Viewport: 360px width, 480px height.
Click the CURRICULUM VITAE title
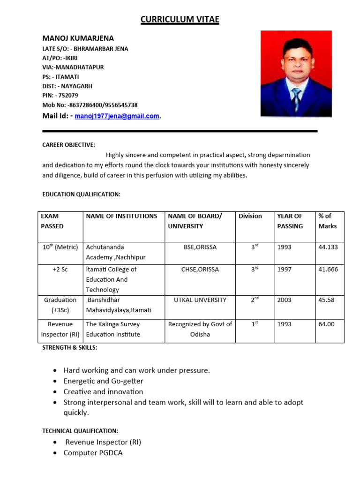[180, 19]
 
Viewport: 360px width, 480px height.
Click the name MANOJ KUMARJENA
[78, 38]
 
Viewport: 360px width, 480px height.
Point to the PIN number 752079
[66, 96]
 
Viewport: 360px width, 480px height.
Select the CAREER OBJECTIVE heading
[69, 145]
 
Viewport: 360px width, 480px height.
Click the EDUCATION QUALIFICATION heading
[82, 194]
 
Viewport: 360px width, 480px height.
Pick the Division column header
[250, 216]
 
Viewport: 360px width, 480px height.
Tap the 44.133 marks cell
[328, 247]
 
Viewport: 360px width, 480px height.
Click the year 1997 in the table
[285, 270]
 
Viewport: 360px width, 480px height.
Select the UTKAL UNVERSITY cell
[200, 300]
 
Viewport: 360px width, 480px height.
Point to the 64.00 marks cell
[327, 324]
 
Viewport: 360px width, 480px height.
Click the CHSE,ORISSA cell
[200, 270]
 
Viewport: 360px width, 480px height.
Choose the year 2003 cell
[285, 300]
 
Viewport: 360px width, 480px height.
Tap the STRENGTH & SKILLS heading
[70, 348]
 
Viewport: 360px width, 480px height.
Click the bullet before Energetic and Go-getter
[56, 381]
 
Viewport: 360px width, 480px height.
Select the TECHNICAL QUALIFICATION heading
[80, 431]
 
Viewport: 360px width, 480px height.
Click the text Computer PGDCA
[93, 453]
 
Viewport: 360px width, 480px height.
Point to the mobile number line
[90, 105]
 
